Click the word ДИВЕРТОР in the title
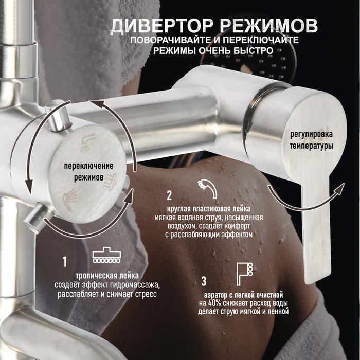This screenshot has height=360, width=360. (154, 25)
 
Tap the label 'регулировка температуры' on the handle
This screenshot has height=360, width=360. (311, 140)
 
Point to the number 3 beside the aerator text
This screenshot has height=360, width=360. (204, 281)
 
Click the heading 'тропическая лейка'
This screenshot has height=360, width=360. (106, 275)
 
